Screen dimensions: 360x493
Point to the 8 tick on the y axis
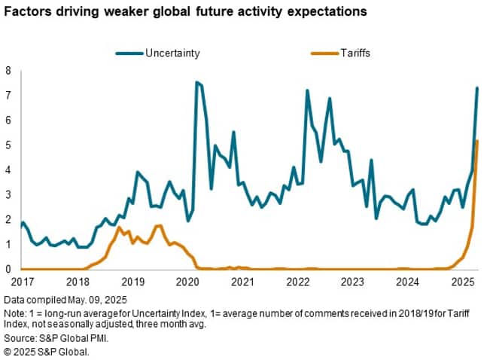pyautogui.click(x=8, y=71)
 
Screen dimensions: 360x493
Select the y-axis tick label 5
pyautogui.click(x=8, y=145)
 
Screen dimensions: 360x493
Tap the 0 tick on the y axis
pyautogui.click(x=8, y=269)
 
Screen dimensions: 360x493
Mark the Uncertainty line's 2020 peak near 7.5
pyautogui.click(x=196, y=83)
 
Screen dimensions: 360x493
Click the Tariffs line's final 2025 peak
pyautogui.click(x=477, y=142)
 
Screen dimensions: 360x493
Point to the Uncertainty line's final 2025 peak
pyautogui.click(x=477, y=88)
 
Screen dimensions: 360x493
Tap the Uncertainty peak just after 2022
pyautogui.click(x=307, y=90)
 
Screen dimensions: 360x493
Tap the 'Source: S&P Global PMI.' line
pyautogui.click(x=55, y=339)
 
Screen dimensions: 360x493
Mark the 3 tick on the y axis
pyautogui.click(x=8, y=195)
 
